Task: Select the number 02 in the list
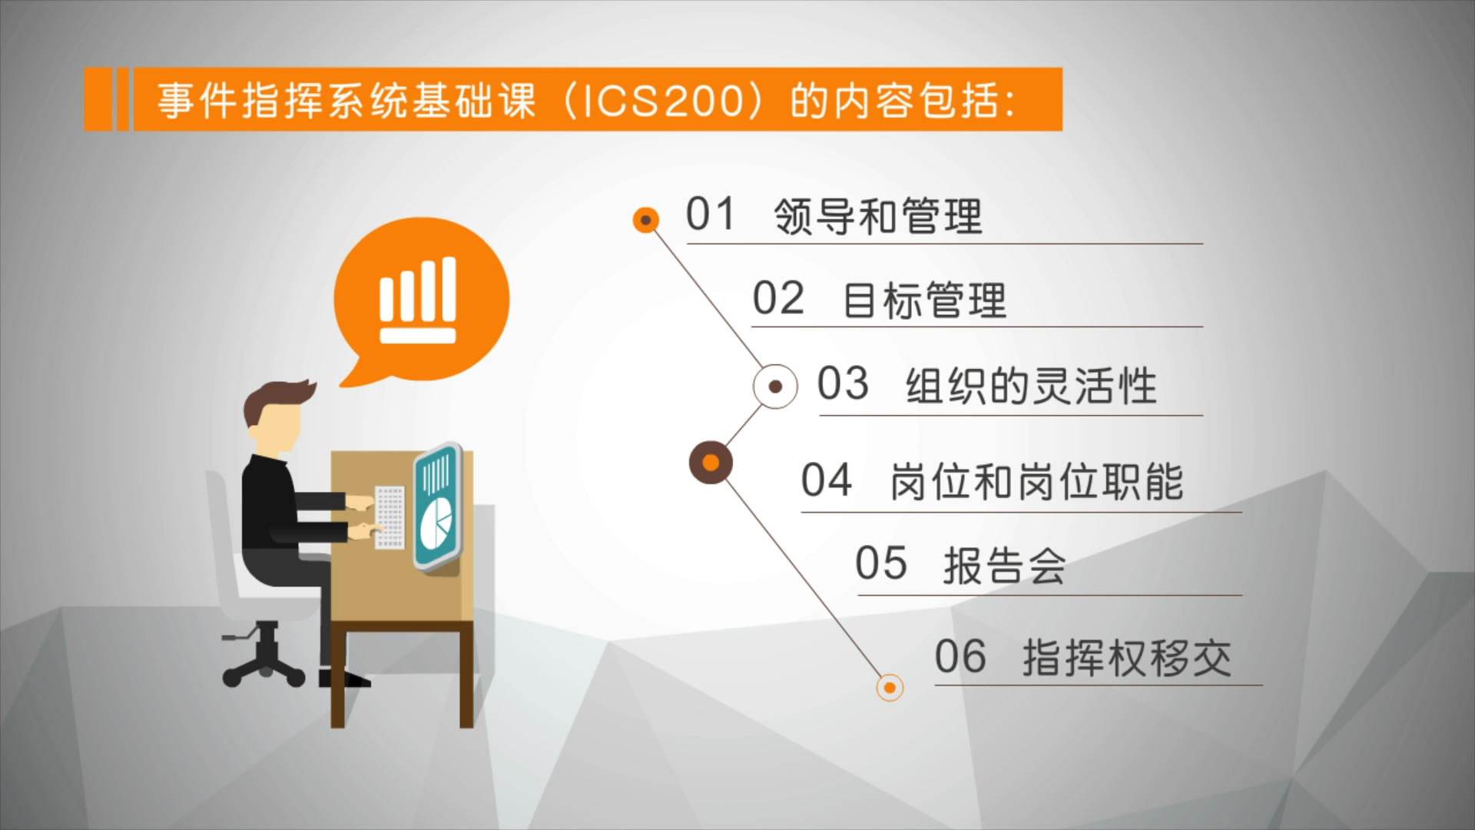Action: point(778,298)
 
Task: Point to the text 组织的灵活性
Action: point(1031,385)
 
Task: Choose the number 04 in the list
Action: point(827,480)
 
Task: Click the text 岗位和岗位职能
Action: point(1036,482)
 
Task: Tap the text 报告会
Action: point(1004,566)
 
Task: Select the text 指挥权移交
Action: point(1127,658)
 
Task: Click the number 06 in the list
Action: point(960,656)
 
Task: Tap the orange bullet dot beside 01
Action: point(646,221)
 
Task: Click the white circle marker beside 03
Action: point(775,387)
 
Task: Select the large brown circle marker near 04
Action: point(711,463)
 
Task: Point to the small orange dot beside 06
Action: point(890,687)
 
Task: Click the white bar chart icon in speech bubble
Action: point(418,300)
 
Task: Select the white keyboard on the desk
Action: point(389,516)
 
